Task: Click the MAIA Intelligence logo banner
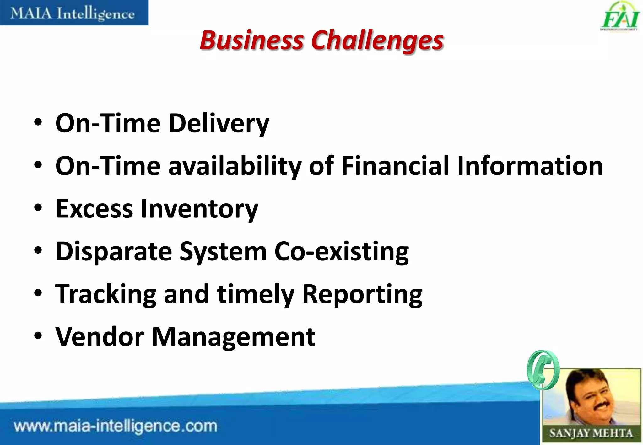click(74, 13)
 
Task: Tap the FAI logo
click(620, 17)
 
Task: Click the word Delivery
click(219, 123)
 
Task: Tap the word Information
click(530, 166)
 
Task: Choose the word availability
click(235, 167)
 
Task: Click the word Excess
click(94, 209)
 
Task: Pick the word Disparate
click(114, 252)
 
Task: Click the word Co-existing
click(342, 252)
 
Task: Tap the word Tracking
click(106, 294)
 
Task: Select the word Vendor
click(100, 337)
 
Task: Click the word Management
click(234, 337)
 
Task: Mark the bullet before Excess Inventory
click(38, 208)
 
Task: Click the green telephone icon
click(543, 370)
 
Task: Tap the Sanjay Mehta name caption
click(591, 433)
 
